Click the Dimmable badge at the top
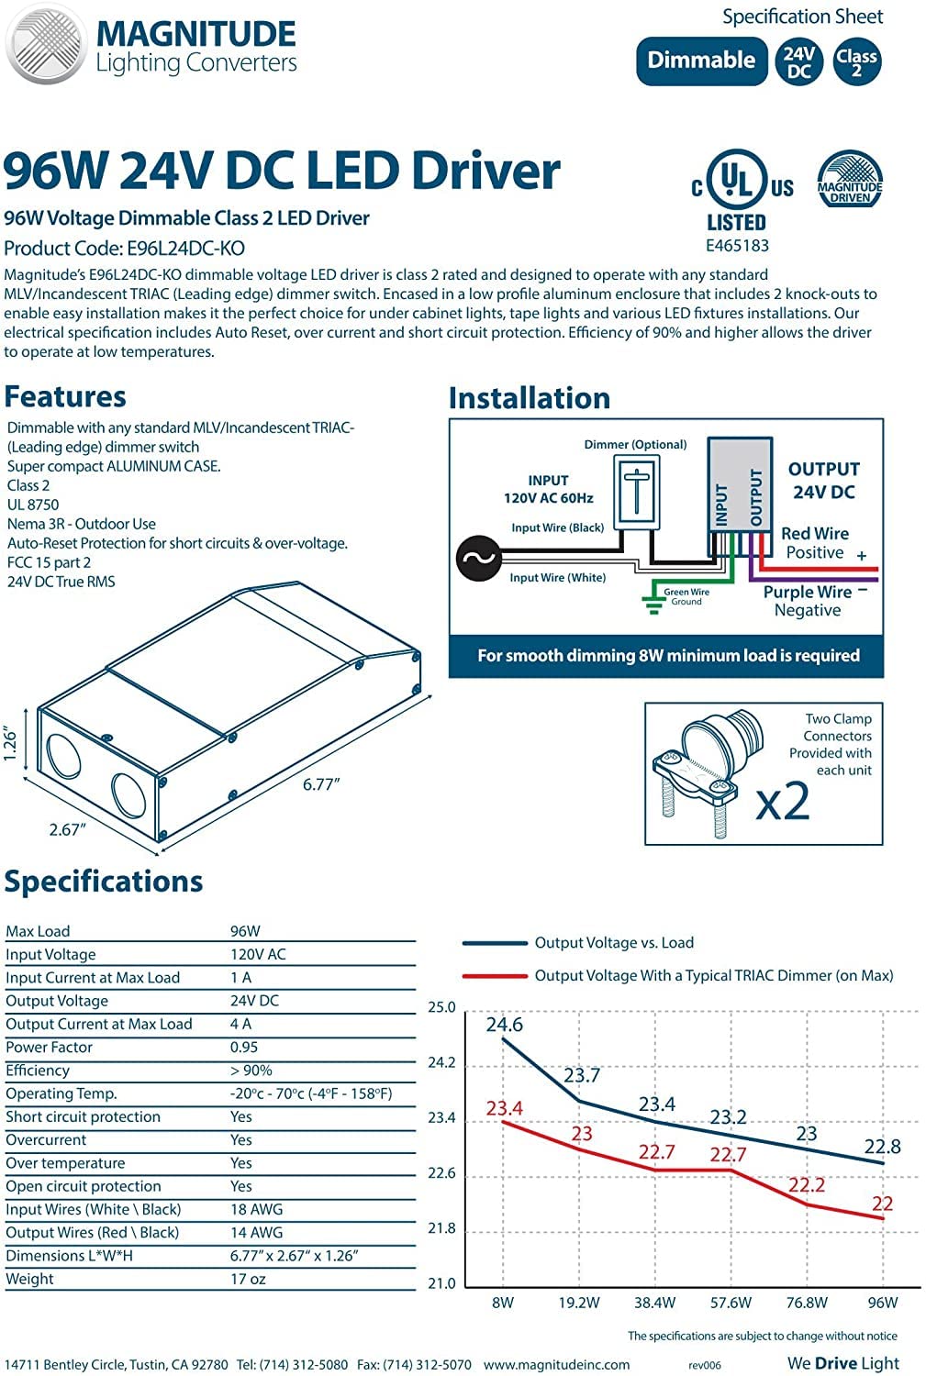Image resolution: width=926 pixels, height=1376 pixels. coord(701,61)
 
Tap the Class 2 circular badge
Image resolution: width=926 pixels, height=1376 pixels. coord(856,61)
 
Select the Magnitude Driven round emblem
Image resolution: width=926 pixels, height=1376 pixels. coord(850,180)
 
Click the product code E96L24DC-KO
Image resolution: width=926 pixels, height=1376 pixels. coord(185,248)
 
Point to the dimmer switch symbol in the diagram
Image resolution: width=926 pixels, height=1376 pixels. coord(636,491)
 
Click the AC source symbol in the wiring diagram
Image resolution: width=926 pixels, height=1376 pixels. coord(478,558)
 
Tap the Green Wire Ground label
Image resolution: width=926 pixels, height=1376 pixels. coord(686,597)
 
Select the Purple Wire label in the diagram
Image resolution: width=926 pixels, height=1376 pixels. coord(808,592)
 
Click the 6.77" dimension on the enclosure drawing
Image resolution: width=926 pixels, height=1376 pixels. coord(321,784)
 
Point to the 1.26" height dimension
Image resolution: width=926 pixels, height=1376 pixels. coord(12,744)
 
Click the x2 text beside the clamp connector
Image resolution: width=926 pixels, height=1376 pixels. coord(783,801)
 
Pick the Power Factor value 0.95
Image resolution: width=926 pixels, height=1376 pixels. coord(244,1047)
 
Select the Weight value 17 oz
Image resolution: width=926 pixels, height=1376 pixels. coord(248,1279)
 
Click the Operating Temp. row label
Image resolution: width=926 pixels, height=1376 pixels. coord(61,1093)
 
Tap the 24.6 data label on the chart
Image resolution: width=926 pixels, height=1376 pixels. coord(505,1025)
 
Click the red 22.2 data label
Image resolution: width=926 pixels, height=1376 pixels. coord(807,1185)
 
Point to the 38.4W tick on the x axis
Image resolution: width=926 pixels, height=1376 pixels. coord(654,1303)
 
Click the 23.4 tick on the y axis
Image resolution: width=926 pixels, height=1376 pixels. coord(441,1117)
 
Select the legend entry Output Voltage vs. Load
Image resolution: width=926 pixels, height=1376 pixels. coord(614,942)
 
